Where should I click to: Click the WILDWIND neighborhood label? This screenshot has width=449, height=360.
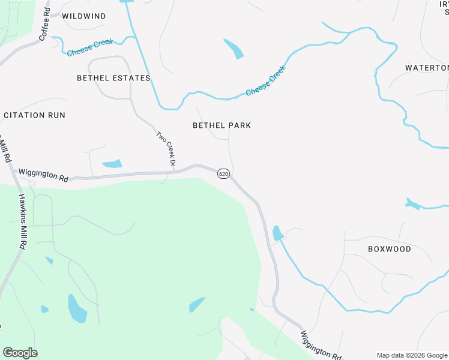[x=84, y=16]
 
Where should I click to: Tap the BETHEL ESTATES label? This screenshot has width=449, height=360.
[x=113, y=78]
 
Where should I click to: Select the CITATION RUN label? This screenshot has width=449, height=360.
[x=34, y=115]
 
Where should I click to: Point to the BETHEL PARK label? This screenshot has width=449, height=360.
[x=221, y=125]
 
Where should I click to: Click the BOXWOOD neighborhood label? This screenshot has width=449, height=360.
[x=389, y=249]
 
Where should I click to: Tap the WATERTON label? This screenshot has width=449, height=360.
[x=426, y=68]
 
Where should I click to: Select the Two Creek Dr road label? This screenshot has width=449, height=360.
[x=166, y=149]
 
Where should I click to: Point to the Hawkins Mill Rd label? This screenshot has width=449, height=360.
[x=21, y=221]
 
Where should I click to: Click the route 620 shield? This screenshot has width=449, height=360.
[x=223, y=174]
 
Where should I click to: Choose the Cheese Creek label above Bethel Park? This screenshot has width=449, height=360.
[x=266, y=80]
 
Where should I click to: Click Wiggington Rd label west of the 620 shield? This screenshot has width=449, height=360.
[x=43, y=175]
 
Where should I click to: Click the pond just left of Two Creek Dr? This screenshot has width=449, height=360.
[x=112, y=164]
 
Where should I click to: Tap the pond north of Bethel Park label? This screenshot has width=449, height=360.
[x=234, y=49]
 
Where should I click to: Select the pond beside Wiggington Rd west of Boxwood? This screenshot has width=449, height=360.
[x=277, y=233]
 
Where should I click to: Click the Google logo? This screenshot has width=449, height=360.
[x=20, y=353]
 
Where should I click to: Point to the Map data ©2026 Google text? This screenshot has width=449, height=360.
[x=411, y=355]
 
